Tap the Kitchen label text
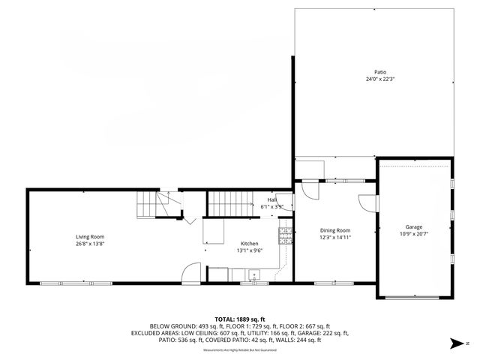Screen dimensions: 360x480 pos(249,244)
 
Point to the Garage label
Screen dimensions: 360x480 pos(413,226)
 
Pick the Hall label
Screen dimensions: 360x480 pos(271,199)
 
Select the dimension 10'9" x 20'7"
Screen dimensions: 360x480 pos(413,234)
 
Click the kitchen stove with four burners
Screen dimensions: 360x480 pos(284,236)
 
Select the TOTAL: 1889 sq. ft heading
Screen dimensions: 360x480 pos(239,318)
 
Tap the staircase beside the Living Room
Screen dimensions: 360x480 pos(158,202)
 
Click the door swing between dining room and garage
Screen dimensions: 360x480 pos(366,204)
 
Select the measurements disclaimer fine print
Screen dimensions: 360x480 pos(239,349)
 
